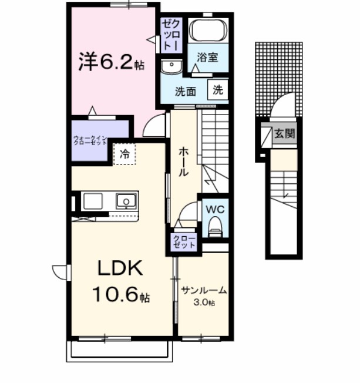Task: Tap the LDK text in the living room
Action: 119,270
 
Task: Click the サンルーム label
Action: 204,291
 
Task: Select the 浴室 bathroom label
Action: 207,58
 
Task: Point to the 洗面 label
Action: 186,91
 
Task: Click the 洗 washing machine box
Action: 217,90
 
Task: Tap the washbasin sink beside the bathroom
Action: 172,67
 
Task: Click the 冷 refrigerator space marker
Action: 125,154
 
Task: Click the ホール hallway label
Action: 183,161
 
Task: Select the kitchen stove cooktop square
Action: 93,201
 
